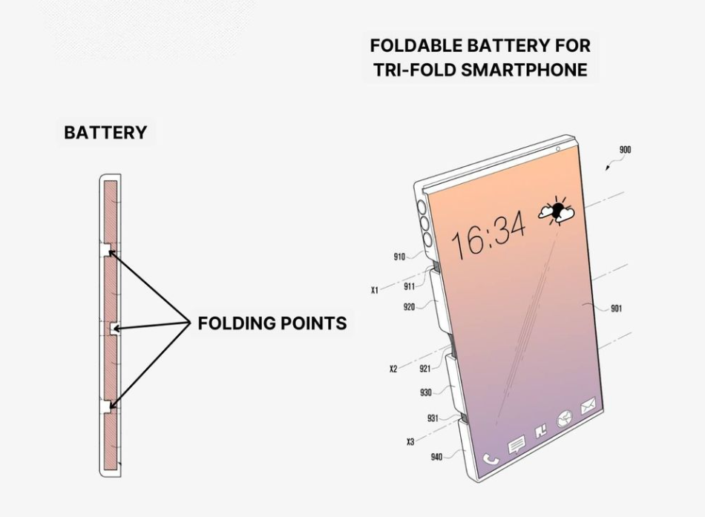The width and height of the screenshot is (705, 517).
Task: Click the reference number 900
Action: [625, 150]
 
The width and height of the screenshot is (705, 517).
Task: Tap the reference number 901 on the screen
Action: [616, 309]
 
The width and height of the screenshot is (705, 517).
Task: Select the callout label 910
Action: [399, 257]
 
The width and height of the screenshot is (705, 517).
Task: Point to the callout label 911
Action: [410, 286]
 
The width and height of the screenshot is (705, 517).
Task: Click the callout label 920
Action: [409, 306]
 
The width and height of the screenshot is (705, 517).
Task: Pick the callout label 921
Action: [424, 369]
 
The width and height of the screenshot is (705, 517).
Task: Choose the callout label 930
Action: [425, 393]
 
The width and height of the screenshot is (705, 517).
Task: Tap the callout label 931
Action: [433, 418]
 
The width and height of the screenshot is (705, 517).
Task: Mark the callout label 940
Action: [436, 457]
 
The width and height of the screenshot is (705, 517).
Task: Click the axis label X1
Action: [375, 291]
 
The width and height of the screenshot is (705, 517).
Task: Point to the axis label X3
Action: [410, 442]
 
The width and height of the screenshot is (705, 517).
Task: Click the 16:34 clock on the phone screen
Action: [489, 234]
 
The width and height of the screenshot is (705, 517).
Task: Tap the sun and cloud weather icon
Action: [557, 211]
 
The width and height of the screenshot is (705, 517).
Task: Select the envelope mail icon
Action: [588, 405]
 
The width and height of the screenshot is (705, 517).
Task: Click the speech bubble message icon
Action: [516, 445]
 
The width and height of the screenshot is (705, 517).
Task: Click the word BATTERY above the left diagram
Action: [105, 133]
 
